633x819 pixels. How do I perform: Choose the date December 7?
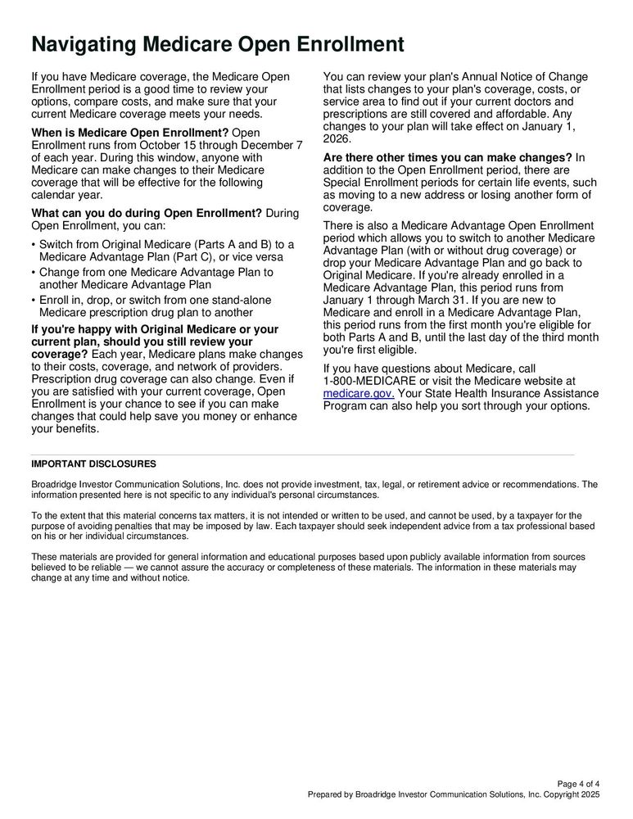pyautogui.click(x=266, y=144)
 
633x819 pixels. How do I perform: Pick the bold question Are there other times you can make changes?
pyautogui.click(x=448, y=157)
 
